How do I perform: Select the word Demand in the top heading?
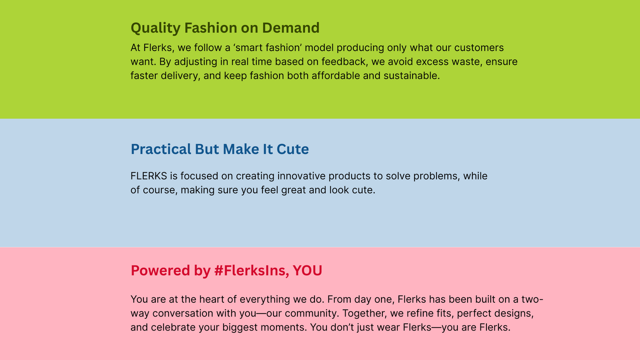(x=291, y=28)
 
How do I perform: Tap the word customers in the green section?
(x=479, y=47)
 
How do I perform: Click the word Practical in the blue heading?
(x=161, y=149)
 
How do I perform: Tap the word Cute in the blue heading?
(x=293, y=149)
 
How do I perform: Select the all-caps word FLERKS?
(x=148, y=176)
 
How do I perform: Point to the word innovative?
(x=301, y=176)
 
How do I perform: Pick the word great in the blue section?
(x=294, y=190)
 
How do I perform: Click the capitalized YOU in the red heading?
(x=308, y=270)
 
